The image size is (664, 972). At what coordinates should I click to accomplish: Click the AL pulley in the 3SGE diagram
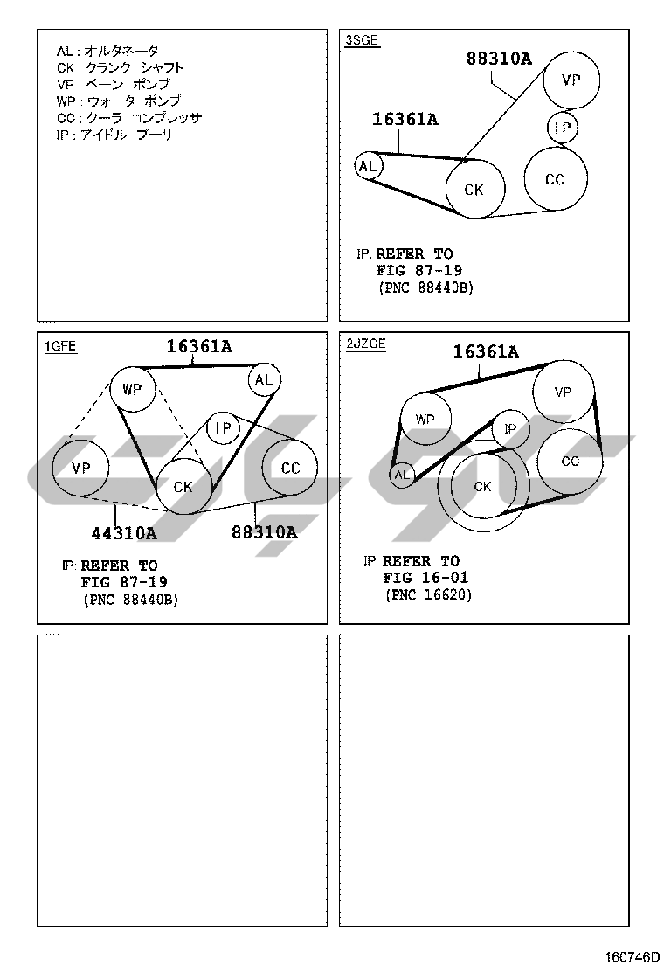pyautogui.click(x=368, y=166)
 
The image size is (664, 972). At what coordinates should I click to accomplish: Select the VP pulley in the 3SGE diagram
pyautogui.click(x=571, y=80)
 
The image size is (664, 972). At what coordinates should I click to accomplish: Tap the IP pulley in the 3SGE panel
pyautogui.click(x=563, y=129)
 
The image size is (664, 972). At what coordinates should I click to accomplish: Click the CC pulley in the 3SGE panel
pyautogui.click(x=555, y=179)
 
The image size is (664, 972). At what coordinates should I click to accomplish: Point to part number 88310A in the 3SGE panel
pyautogui.click(x=499, y=59)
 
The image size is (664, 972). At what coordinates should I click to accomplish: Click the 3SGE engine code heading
pyautogui.click(x=363, y=40)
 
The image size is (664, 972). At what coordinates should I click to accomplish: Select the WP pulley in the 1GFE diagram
pyautogui.click(x=132, y=389)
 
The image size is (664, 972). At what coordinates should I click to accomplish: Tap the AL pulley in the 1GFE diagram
pyautogui.click(x=263, y=379)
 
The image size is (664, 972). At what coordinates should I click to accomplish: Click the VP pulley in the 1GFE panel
pyautogui.click(x=80, y=469)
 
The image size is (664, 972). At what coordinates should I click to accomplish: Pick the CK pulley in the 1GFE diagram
pyautogui.click(x=183, y=486)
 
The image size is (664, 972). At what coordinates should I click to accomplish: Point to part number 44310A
pyautogui.click(x=124, y=532)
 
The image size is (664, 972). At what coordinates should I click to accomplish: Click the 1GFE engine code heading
pyautogui.click(x=60, y=346)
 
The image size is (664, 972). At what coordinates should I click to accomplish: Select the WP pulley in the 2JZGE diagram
pyautogui.click(x=425, y=420)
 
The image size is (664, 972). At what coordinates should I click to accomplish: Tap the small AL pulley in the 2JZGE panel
pyautogui.click(x=402, y=476)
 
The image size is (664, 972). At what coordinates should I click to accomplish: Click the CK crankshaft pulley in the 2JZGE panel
pyautogui.click(x=482, y=487)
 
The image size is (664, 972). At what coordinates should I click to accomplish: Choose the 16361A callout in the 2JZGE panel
pyautogui.click(x=485, y=352)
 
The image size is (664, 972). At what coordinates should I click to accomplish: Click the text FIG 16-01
pyautogui.click(x=425, y=578)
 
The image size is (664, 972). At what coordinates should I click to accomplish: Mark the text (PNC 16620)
pyautogui.click(x=428, y=594)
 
